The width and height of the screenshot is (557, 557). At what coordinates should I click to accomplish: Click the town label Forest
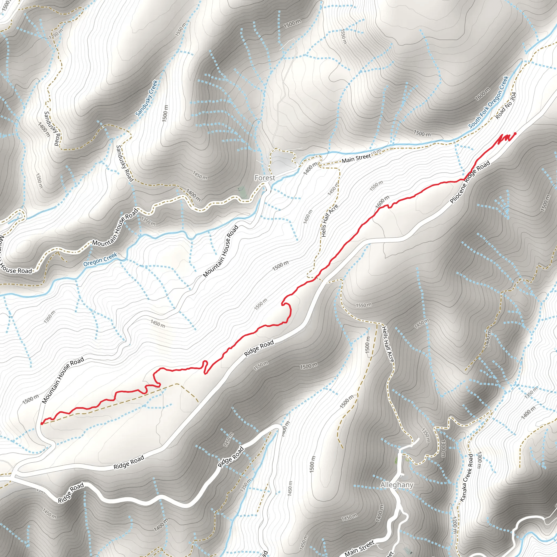(x=265, y=178)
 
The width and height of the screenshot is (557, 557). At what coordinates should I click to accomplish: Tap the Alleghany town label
(x=397, y=485)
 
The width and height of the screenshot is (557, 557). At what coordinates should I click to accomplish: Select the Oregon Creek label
(x=100, y=259)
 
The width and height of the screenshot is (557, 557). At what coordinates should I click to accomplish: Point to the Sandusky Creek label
(x=147, y=98)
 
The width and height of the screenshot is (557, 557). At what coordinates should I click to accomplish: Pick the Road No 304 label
(x=506, y=106)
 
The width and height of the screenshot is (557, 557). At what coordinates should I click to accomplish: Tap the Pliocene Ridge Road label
(x=470, y=182)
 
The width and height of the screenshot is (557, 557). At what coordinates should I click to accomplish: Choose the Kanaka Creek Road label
(x=467, y=477)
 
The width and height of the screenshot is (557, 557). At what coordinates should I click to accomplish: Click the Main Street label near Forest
(x=356, y=158)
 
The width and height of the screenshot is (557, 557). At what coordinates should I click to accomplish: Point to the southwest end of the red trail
(x=42, y=424)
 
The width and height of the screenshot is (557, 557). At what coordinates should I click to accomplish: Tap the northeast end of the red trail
(x=515, y=134)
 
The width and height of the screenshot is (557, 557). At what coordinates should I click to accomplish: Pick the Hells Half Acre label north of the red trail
(x=330, y=221)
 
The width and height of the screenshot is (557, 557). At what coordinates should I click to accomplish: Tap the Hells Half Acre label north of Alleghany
(x=388, y=344)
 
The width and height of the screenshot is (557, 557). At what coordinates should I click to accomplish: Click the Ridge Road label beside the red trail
(x=259, y=348)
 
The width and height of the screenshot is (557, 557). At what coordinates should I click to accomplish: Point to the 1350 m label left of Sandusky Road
(x=39, y=181)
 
